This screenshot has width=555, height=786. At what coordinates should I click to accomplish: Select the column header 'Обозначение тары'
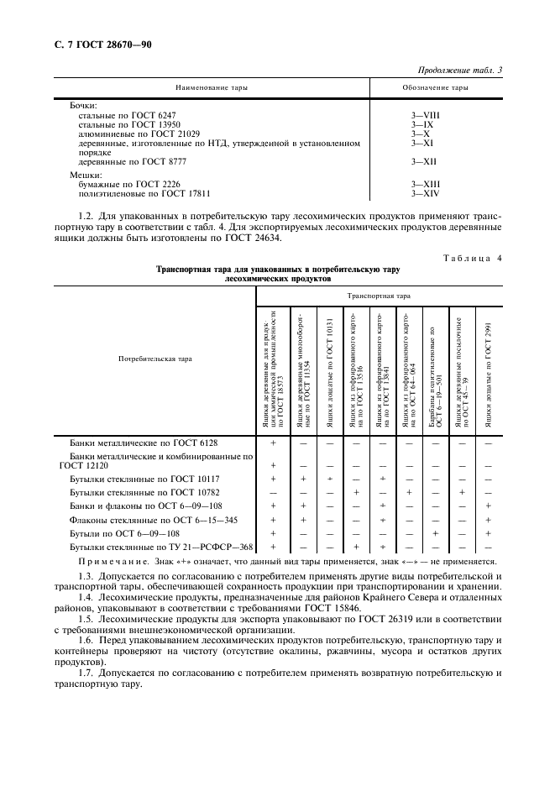point(436,87)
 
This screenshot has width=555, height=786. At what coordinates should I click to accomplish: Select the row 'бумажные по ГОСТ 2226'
point(129,184)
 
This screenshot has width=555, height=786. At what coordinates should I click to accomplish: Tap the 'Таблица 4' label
point(472,258)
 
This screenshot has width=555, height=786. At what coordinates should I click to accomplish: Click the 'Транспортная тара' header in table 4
point(379,296)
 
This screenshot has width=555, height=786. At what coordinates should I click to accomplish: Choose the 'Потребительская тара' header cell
point(154,359)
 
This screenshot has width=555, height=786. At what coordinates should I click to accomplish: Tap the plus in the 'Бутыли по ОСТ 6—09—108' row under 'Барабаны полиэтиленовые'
point(435,533)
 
